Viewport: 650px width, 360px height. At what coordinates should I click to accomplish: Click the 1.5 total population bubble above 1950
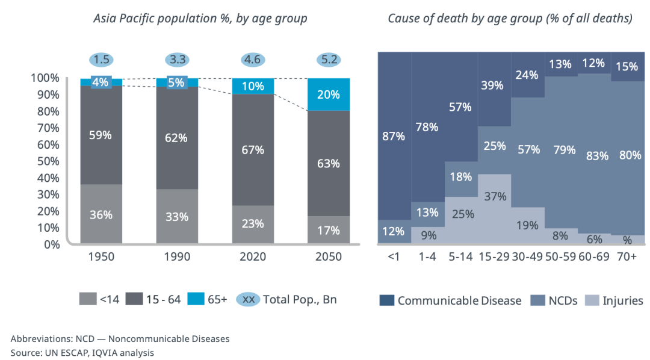[102, 60]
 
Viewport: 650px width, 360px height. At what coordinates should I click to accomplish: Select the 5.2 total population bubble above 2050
[328, 60]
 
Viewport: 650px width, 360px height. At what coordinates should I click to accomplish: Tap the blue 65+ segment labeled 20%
[328, 95]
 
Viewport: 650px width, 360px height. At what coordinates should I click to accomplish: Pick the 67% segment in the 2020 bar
[253, 150]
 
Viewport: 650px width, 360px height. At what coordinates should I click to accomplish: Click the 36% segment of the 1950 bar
[102, 215]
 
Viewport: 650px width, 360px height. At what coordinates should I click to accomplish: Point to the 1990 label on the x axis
[177, 257]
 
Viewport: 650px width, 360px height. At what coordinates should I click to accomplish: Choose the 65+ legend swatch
[195, 299]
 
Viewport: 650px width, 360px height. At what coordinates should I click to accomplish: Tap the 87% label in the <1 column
[394, 136]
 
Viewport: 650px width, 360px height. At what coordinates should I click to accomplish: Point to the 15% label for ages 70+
[627, 67]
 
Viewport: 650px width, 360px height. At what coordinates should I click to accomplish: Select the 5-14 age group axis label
[461, 257]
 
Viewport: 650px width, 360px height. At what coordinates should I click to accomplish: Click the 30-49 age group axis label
[527, 257]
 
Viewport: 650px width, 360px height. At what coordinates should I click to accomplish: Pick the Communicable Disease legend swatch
[386, 300]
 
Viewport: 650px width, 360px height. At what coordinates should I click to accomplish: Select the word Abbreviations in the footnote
[40, 339]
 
